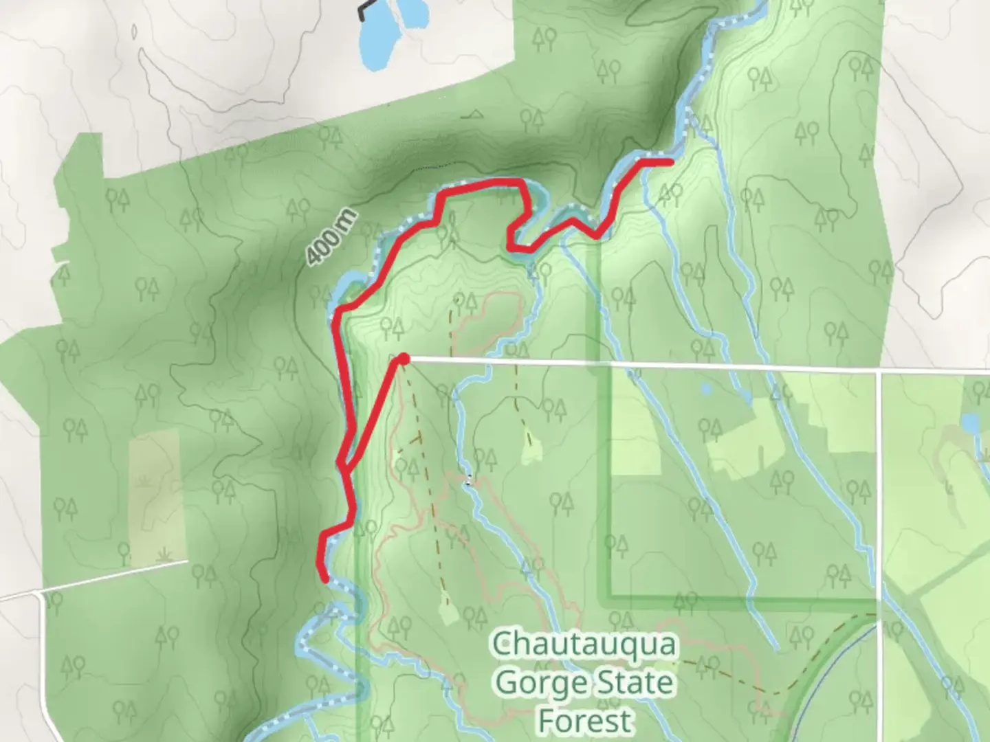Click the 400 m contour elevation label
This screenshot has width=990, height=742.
pos(333,238)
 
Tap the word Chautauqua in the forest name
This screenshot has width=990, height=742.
pos(584,645)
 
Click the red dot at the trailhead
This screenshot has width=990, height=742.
pos(404,359)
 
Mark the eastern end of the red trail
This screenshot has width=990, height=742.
pos(670,162)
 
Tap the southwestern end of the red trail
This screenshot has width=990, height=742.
pos(323,579)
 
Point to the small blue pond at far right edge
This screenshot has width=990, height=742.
pos(970,423)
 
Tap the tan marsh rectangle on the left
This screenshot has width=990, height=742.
pos(157,498)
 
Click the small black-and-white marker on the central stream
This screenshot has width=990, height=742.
pos(469,481)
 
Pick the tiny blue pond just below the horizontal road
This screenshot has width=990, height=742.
pos(705,390)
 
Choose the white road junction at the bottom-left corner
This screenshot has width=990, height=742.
pos(41,592)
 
